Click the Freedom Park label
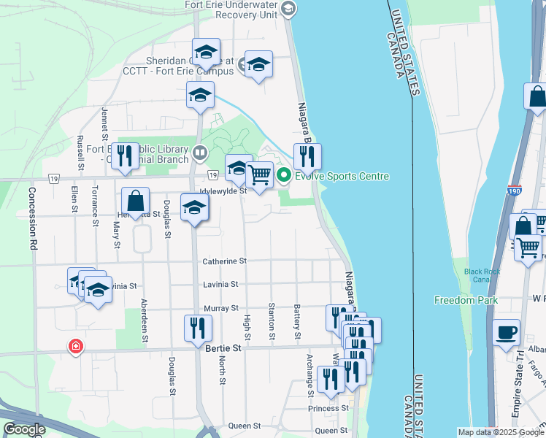pyautogui.click(x=466, y=300)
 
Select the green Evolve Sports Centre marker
pyautogui.click(x=284, y=176)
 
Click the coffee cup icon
pyautogui.click(x=506, y=332)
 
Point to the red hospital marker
pyautogui.click(x=74, y=347)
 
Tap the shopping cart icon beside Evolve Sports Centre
pyautogui.click(x=260, y=174)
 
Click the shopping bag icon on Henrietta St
pyautogui.click(x=136, y=200)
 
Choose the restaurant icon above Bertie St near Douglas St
pyautogui.click(x=196, y=328)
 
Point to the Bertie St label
pyautogui.click(x=223, y=350)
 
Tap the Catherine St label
pyautogui.click(x=225, y=261)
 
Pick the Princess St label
pyautogui.click(x=328, y=408)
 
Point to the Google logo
pyautogui.click(x=24, y=430)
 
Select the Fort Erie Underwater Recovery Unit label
pyautogui.click(x=233, y=10)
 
